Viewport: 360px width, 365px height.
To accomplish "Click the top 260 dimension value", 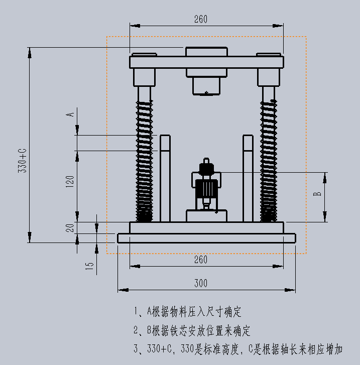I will click(x=200, y=20).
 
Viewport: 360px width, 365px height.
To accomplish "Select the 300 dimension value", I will click(x=200, y=284).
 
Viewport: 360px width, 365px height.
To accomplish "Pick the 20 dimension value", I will click(x=70, y=227).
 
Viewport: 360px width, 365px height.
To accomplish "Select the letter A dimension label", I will click(x=71, y=114).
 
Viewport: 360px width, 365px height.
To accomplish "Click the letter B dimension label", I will click(x=317, y=193).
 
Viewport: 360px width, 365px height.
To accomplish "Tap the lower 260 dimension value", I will click(x=200, y=260).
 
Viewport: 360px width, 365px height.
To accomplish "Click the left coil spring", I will click(x=144, y=161).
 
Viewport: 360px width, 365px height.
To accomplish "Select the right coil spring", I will click(x=268, y=161).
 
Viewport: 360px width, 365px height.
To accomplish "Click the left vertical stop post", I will click(x=165, y=178).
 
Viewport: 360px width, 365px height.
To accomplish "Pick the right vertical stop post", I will click(x=248, y=178).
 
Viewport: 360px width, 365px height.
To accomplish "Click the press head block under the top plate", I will click(x=206, y=84).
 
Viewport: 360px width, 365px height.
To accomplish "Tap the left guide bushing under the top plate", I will click(x=144, y=77).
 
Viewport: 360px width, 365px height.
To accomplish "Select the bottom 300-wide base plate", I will click(x=206, y=238).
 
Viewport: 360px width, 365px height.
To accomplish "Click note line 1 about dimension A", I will click(x=187, y=312).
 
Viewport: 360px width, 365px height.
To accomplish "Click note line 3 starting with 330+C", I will click(x=246, y=349).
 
